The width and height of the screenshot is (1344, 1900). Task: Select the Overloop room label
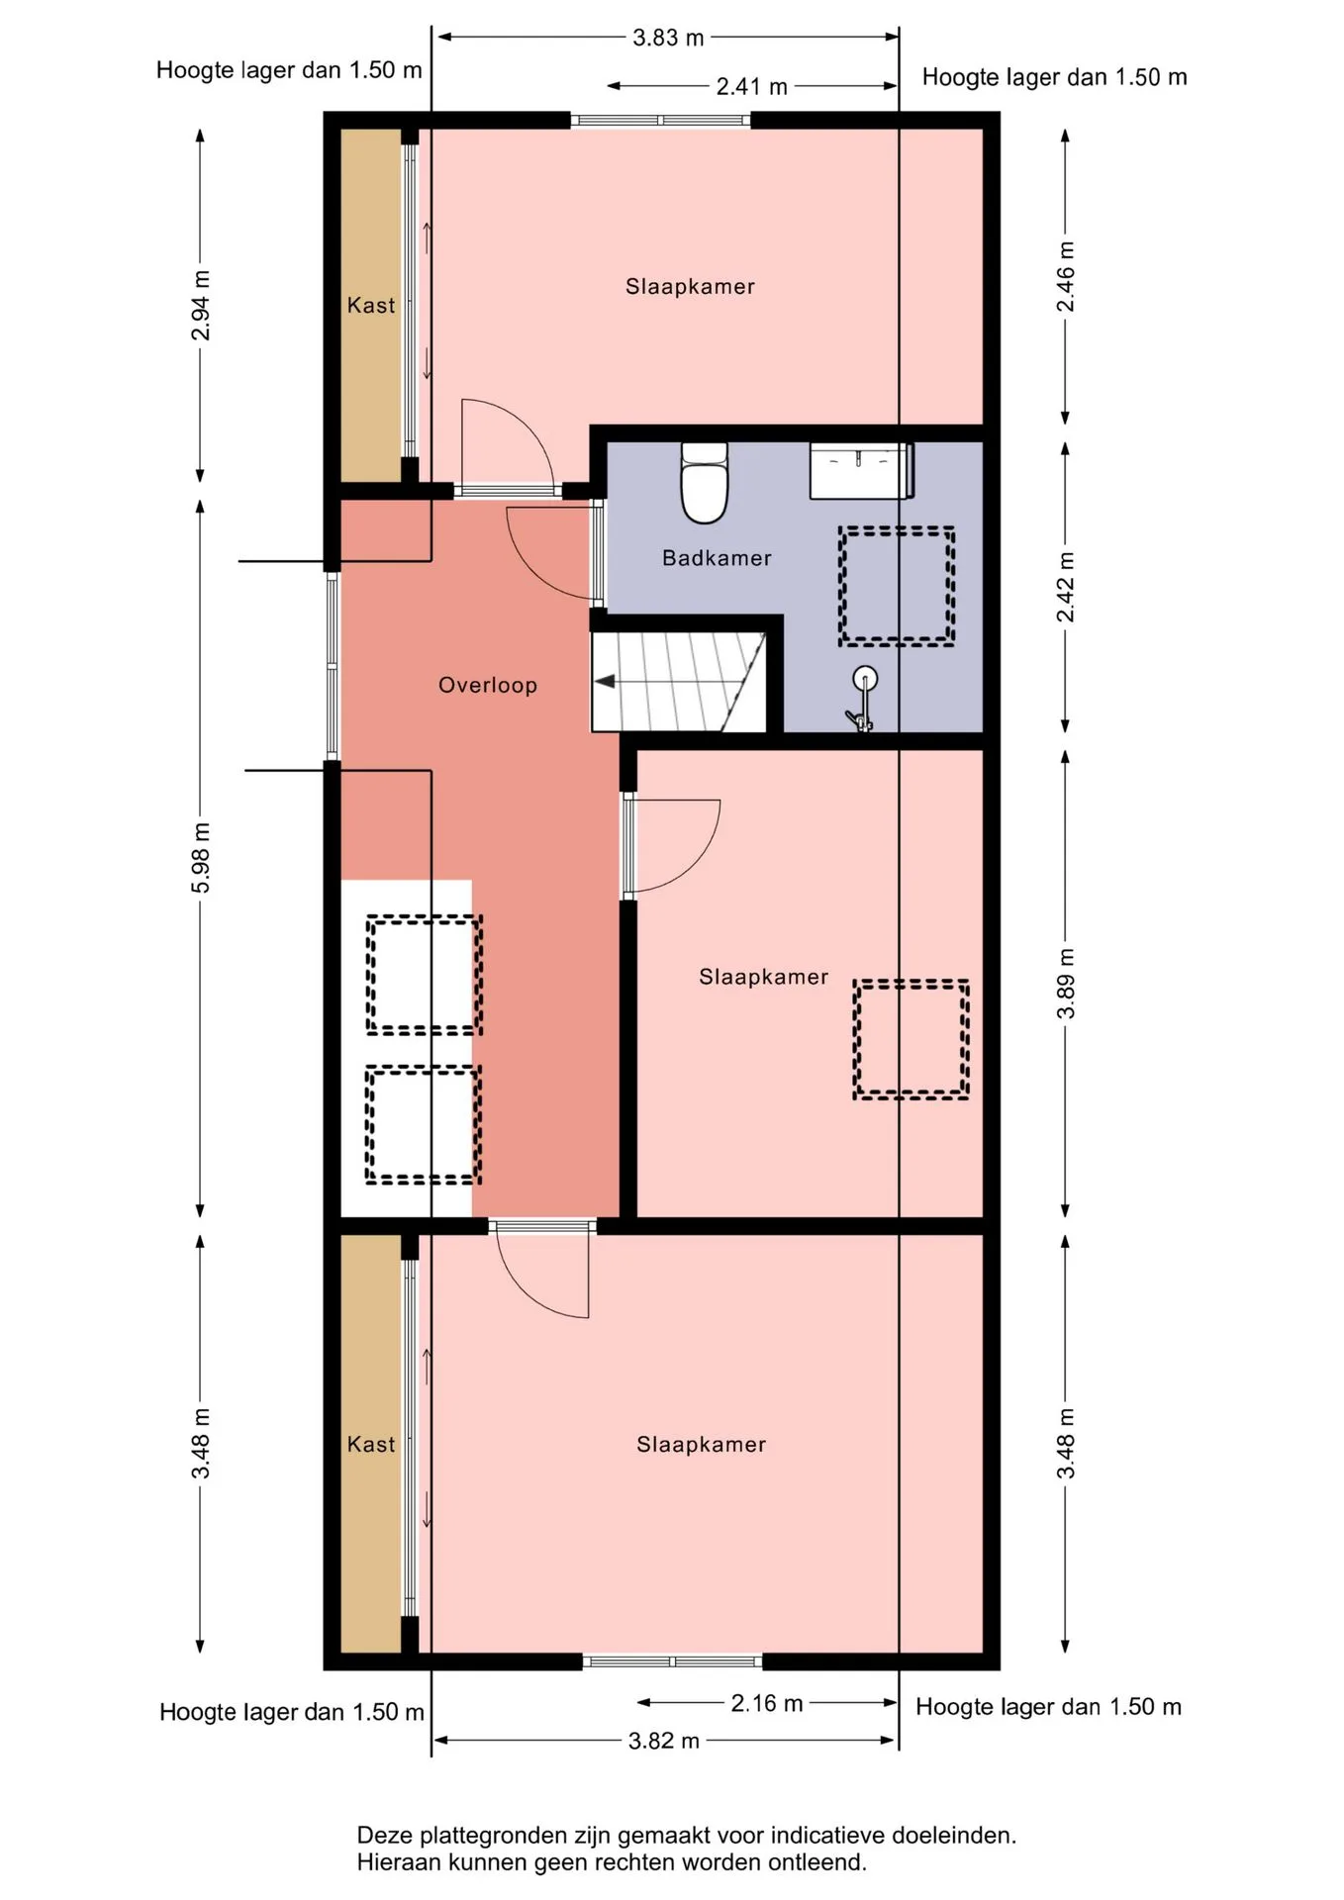488,685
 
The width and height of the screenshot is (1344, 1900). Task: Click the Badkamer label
717,558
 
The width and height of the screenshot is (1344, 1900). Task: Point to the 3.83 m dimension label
668,38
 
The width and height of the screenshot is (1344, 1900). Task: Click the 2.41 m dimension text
752,87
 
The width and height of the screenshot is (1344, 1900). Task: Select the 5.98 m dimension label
201,857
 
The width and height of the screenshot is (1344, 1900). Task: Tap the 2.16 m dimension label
767,1703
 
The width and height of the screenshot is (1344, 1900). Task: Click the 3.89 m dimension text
1066,983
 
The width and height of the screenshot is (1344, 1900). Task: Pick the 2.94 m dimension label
201,305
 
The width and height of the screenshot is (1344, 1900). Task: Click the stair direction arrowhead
604,681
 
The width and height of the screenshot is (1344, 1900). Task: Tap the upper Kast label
371,306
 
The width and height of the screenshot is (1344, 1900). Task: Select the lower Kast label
371,1445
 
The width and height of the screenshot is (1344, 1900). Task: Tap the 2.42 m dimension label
1066,588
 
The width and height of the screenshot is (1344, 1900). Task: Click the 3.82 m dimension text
664,1741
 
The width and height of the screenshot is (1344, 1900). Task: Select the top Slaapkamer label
690,287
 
